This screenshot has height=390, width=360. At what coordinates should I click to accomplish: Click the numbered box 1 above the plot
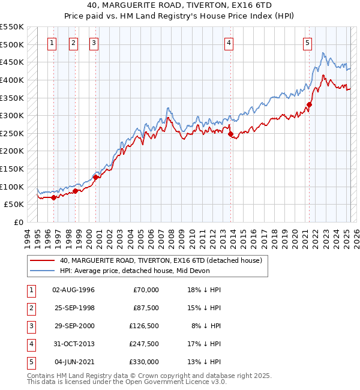(x=52, y=43)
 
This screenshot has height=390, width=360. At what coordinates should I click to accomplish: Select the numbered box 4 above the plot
(x=229, y=43)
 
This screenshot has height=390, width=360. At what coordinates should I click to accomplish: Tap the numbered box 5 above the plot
(x=307, y=43)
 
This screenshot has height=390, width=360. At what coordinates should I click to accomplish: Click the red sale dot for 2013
(x=230, y=134)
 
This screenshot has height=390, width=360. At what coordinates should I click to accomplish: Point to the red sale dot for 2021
(x=310, y=104)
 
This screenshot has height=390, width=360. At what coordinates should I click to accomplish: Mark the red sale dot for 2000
(x=95, y=177)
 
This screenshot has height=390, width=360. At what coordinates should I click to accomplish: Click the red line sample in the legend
(x=42, y=261)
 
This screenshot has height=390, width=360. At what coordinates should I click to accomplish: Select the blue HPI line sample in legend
(x=42, y=271)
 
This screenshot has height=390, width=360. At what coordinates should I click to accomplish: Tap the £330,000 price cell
(x=145, y=362)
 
